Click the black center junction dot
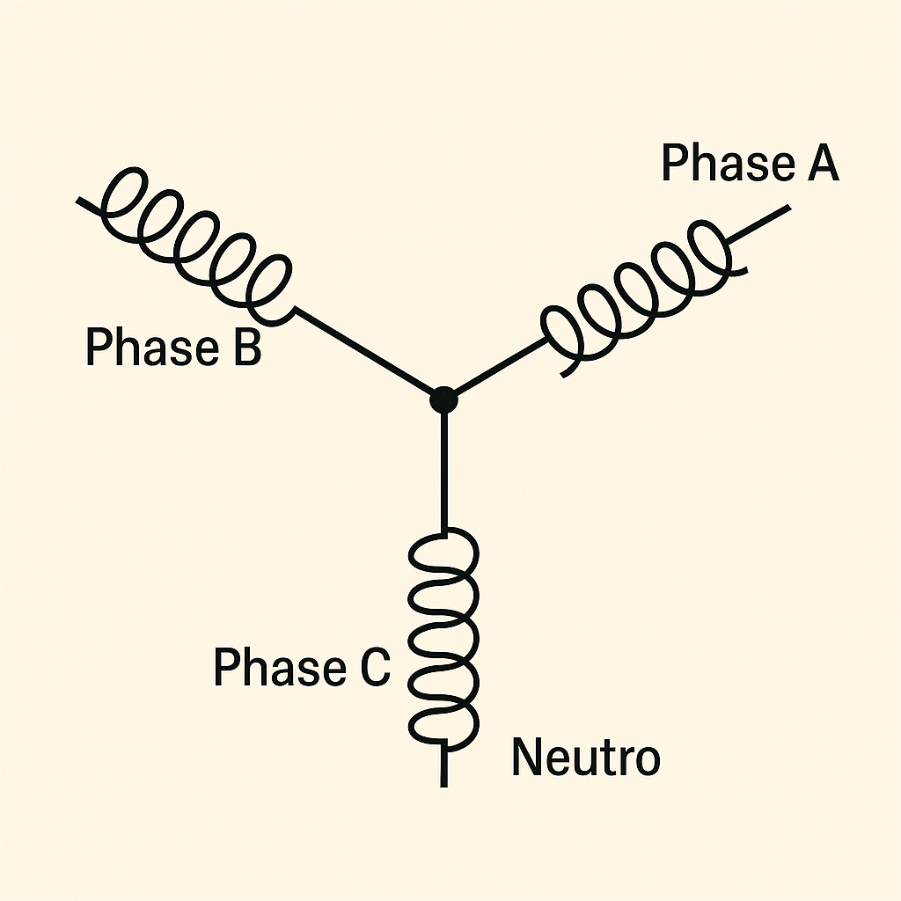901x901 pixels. (x=444, y=399)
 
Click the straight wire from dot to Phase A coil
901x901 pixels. (x=497, y=368)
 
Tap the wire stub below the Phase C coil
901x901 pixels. (x=444, y=765)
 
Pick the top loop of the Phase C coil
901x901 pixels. (x=445, y=554)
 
